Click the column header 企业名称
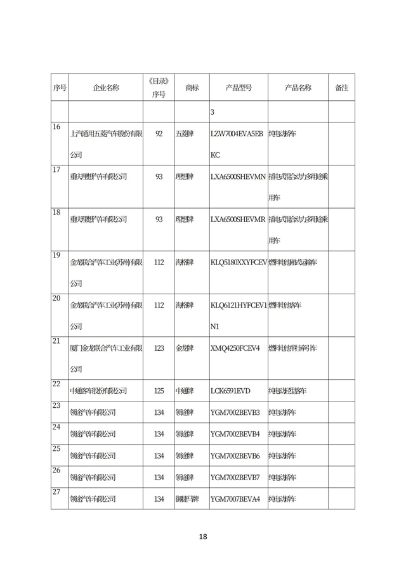tap(106, 88)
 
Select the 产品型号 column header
tap(239, 88)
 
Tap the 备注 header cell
tap(341, 88)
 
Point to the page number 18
tap(203, 537)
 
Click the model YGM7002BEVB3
tap(235, 412)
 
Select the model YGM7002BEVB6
tap(235, 455)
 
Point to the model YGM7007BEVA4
tap(235, 499)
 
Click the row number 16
tap(56, 127)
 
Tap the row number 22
tap(56, 384)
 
